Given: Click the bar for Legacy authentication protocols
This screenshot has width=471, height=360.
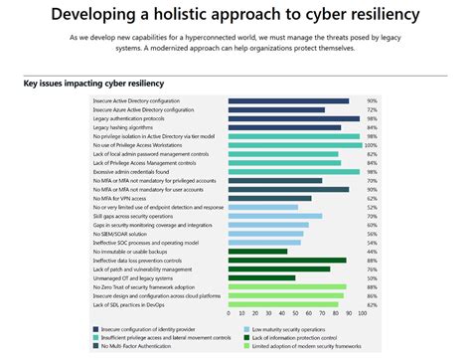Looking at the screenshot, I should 293,118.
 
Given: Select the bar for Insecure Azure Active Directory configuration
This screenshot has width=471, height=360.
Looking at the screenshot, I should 276,109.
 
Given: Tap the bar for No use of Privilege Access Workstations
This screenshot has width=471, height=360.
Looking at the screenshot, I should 295,145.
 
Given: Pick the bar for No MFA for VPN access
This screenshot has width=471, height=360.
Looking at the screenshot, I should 269,198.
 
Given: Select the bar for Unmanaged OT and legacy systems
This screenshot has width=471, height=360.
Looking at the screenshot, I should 261,277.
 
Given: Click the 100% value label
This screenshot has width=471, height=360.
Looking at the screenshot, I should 372,145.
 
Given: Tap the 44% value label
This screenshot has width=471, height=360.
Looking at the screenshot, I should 372,251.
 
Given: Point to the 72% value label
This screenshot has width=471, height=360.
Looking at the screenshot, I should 372,109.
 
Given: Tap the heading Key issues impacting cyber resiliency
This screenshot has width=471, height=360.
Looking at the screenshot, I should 94,83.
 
